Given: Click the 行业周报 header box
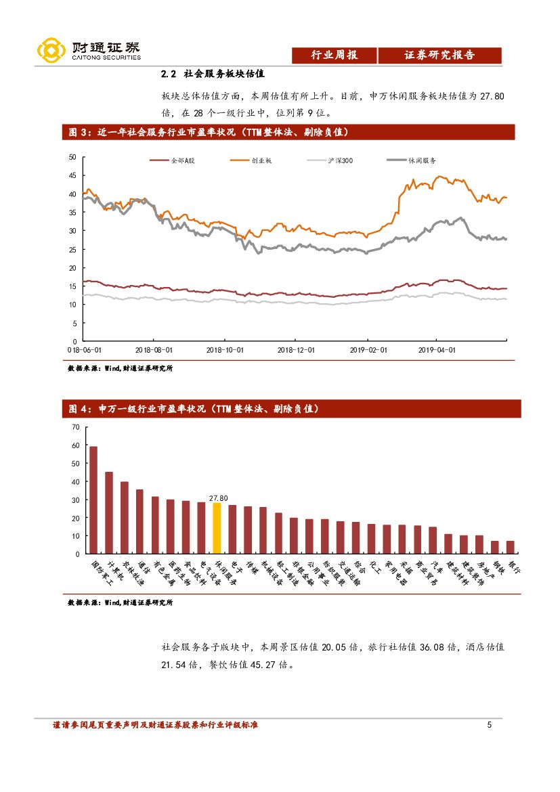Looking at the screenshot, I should [334, 56].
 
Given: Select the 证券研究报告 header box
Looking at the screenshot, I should [439, 56].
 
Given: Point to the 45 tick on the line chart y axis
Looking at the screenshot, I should [72, 175].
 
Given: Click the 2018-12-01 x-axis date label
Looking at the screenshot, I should [296, 351].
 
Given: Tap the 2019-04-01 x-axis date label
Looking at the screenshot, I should [437, 351].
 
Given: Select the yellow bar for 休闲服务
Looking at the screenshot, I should [217, 528].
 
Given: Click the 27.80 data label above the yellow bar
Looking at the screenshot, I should [218, 498].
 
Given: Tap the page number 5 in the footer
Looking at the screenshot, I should [489, 726].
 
